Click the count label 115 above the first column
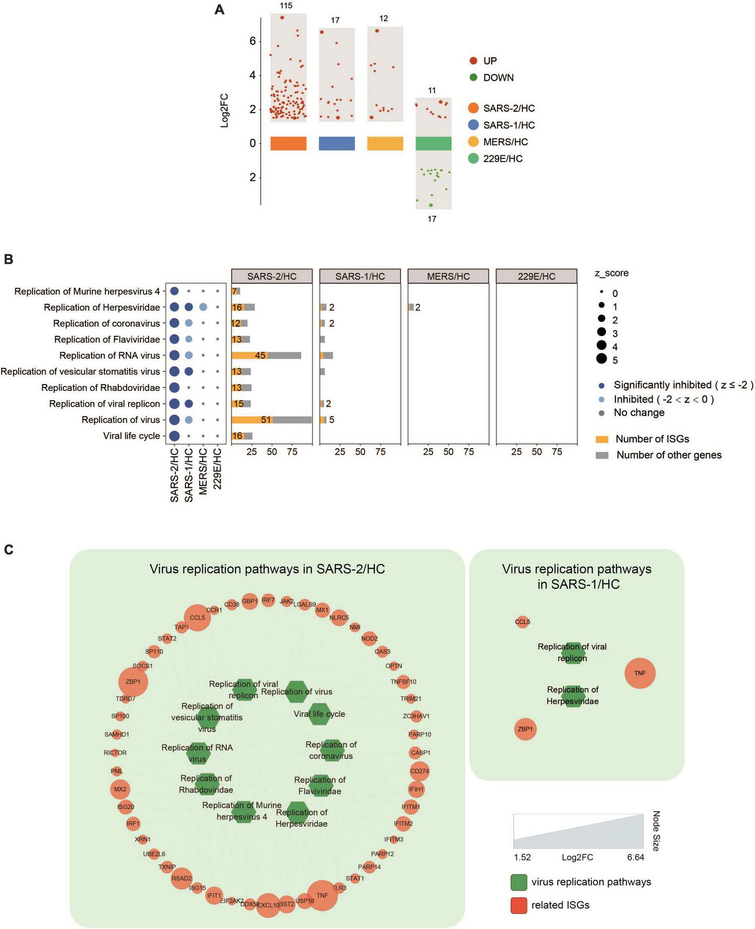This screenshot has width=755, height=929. pyautogui.click(x=286, y=6)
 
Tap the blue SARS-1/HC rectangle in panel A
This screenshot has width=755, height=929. pyautogui.click(x=337, y=144)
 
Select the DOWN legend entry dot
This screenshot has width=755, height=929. pyautogui.click(x=473, y=78)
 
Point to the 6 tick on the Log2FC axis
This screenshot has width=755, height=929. pyautogui.click(x=253, y=41)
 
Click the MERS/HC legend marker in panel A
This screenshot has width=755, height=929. pyautogui.click(x=473, y=142)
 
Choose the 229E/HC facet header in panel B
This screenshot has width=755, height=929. pyautogui.click(x=536, y=276)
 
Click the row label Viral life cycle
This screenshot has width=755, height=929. pyautogui.click(x=131, y=436)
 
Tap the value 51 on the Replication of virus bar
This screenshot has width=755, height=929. pyautogui.click(x=266, y=420)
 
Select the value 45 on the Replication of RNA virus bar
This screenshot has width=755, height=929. pyautogui.click(x=260, y=355)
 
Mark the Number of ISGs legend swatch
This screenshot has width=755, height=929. pyautogui.click(x=602, y=439)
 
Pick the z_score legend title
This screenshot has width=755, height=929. pyautogui.click(x=611, y=273)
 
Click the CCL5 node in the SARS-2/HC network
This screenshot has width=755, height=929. pyautogui.click(x=197, y=618)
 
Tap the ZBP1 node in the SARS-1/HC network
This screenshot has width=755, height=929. pyautogui.click(x=525, y=729)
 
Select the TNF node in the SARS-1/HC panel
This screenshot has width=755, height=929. pyautogui.click(x=640, y=673)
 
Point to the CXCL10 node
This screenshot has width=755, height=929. pyautogui.click(x=268, y=905)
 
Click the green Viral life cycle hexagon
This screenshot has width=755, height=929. pyautogui.click(x=318, y=714)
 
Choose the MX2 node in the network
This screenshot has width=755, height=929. pyautogui.click(x=120, y=790)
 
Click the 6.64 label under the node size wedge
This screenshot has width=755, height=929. pyautogui.click(x=635, y=858)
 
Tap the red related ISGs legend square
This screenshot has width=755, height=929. pyautogui.click(x=519, y=905)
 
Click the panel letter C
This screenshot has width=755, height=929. pyautogui.click(x=9, y=549)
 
